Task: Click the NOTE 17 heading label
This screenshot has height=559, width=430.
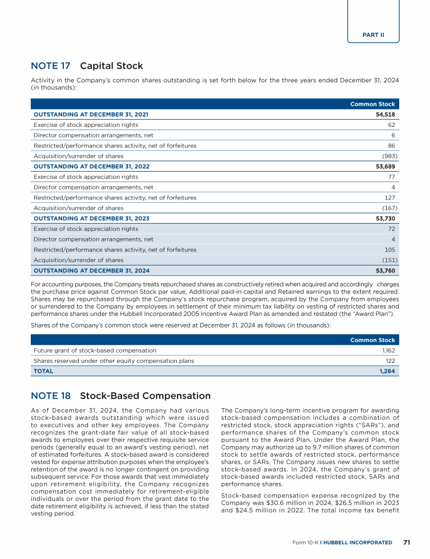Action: click(50, 66)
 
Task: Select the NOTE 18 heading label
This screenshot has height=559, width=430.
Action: click(50, 396)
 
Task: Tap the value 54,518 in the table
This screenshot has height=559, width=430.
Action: click(385, 115)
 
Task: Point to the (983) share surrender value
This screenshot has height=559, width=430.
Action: click(389, 156)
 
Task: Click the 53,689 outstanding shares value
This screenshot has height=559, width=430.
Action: click(385, 167)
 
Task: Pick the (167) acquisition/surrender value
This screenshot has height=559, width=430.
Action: click(389, 208)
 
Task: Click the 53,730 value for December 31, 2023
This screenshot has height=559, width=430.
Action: click(385, 219)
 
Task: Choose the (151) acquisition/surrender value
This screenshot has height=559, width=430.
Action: click(389, 260)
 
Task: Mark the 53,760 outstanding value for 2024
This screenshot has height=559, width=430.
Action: click(385, 271)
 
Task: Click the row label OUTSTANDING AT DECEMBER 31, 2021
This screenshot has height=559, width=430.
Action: click(91, 115)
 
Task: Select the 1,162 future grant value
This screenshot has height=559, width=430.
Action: click(389, 350)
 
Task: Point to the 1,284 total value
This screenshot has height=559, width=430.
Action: click(387, 371)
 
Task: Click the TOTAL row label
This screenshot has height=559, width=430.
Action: click(44, 371)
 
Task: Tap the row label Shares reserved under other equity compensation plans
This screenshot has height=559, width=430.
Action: click(114, 361)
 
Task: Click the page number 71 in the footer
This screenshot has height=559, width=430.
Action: click(407, 542)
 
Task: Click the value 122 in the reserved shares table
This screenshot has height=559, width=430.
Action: click(390, 361)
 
